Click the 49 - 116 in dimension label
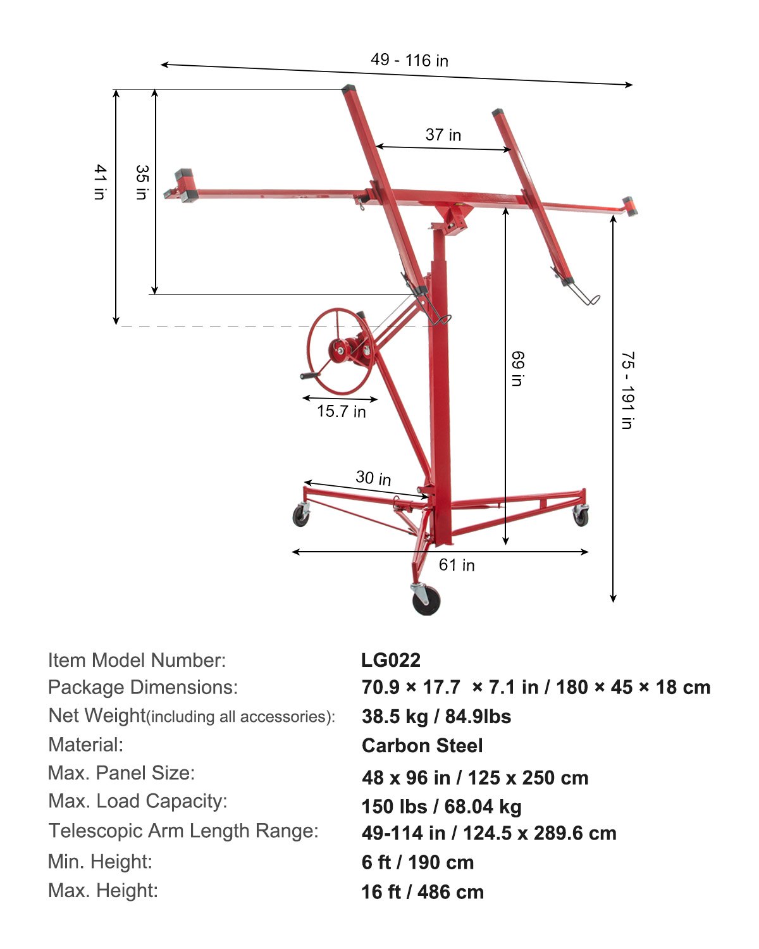[409, 60]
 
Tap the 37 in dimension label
[443, 135]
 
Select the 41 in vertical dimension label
[100, 182]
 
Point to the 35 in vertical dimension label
[142, 182]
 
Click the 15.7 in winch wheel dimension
[341, 411]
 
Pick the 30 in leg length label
[373, 478]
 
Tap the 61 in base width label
[457, 564]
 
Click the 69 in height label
[517, 369]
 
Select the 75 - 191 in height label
[627, 390]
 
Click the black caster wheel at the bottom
[426, 600]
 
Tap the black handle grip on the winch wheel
[310, 376]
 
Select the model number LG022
[391, 660]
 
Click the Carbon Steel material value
[422, 745]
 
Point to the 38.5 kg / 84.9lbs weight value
[436, 716]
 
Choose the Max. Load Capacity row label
[138, 801]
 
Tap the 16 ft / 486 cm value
[423, 892]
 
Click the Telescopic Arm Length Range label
[183, 831]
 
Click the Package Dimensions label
[143, 687]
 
